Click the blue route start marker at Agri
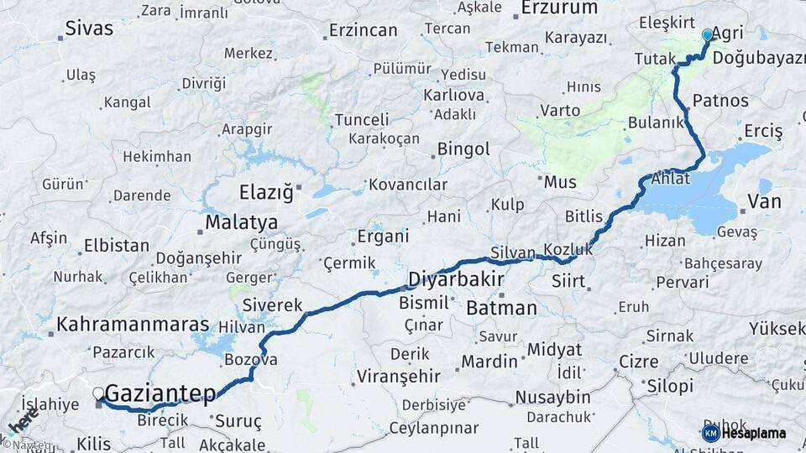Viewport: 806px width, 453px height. coord(707,35)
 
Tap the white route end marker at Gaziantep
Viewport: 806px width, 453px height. coord(98,392)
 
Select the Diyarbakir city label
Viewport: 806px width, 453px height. coord(456,279)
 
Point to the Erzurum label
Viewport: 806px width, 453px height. coord(559,8)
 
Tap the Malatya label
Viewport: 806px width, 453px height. coord(242,223)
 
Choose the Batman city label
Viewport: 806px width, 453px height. coord(501,308)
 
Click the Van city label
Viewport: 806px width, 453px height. coord(764,201)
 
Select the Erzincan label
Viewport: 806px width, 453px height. coord(363,30)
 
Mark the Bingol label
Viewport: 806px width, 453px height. coord(463,149)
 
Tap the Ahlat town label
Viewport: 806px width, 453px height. coord(671,179)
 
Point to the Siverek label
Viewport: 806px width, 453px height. coord(272,305)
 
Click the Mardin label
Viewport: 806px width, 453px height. coord(489,362)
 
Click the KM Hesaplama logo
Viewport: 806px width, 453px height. coord(744,433)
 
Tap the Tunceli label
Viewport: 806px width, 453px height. coord(362,120)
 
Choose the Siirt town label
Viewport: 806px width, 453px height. coord(568,282)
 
